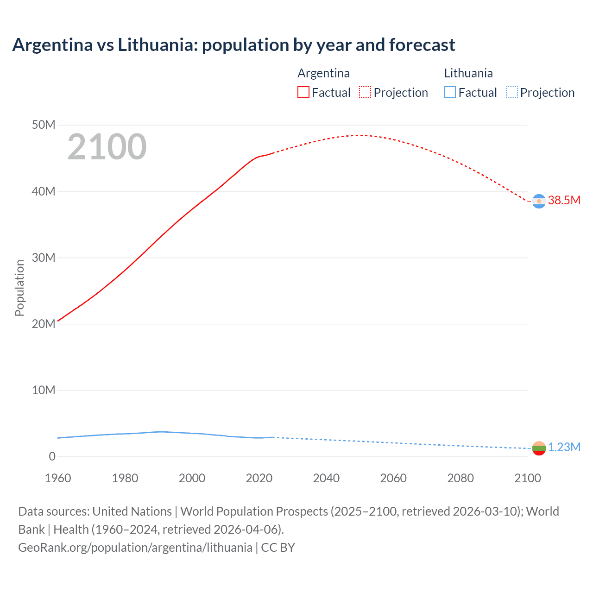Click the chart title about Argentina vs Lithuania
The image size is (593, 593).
point(233,45)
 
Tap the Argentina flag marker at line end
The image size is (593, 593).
point(539,201)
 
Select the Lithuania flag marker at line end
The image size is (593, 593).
point(539,448)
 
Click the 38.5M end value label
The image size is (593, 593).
point(564,200)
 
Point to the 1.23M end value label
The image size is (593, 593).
point(564,447)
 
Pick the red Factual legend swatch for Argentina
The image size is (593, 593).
point(303,92)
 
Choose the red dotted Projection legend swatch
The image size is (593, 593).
point(365,92)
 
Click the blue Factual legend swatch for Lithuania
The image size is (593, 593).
point(450,92)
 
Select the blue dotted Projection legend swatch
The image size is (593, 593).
point(512,92)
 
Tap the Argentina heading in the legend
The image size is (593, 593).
point(323,73)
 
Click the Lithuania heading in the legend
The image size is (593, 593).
point(468,73)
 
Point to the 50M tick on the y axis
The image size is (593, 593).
point(44,125)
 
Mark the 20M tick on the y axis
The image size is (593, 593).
point(44,324)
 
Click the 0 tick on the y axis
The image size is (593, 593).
point(52,457)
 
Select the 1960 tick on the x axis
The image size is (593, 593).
point(58,478)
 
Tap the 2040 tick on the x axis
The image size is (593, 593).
point(326,478)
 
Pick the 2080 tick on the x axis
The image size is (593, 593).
point(461,478)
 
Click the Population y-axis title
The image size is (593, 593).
point(19,288)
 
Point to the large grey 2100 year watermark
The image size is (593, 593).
point(107,147)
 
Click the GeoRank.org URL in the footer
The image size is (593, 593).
point(135,548)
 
